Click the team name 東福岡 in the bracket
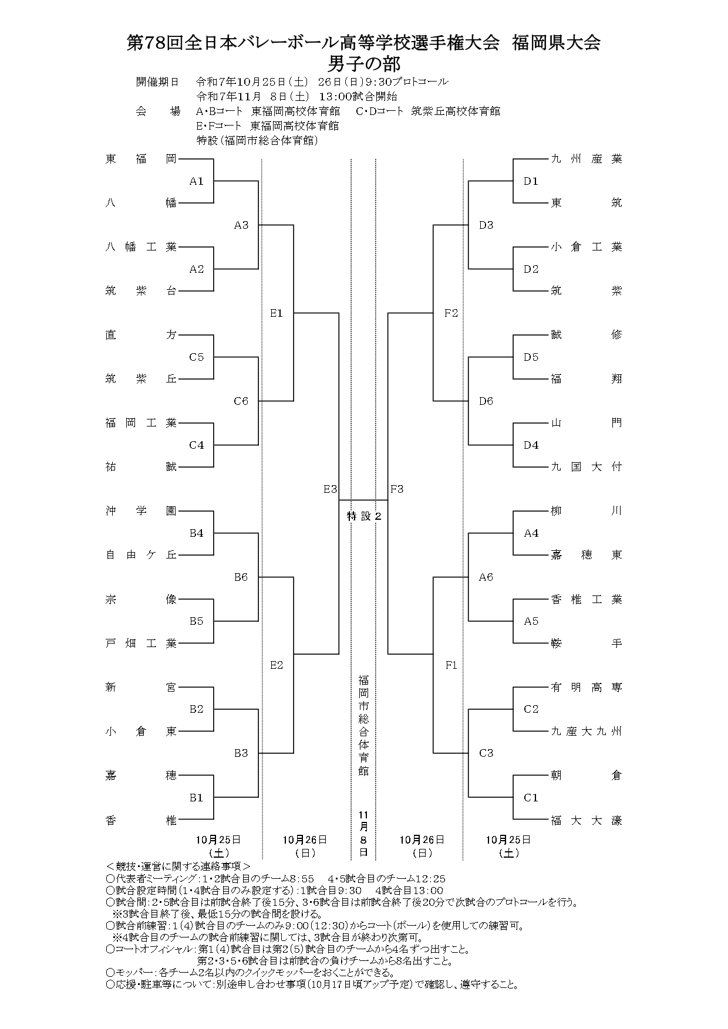tap(141, 159)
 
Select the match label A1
tap(196, 181)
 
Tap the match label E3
tap(330, 489)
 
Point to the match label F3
tap(397, 489)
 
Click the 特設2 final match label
tap(364, 516)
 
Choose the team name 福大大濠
tap(586, 821)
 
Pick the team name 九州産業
tap(586, 159)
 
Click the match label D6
tap(486, 401)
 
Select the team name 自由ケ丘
tap(141, 555)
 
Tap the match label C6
tap(241, 401)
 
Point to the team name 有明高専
tap(586, 688)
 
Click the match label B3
tap(241, 753)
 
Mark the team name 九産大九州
tap(586, 732)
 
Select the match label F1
tap(451, 665)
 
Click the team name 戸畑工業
tap(141, 644)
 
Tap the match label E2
tap(277, 665)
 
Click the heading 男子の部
tap(364, 62)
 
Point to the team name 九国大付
tap(586, 467)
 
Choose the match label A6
tap(486, 577)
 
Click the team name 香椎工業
tap(586, 600)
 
